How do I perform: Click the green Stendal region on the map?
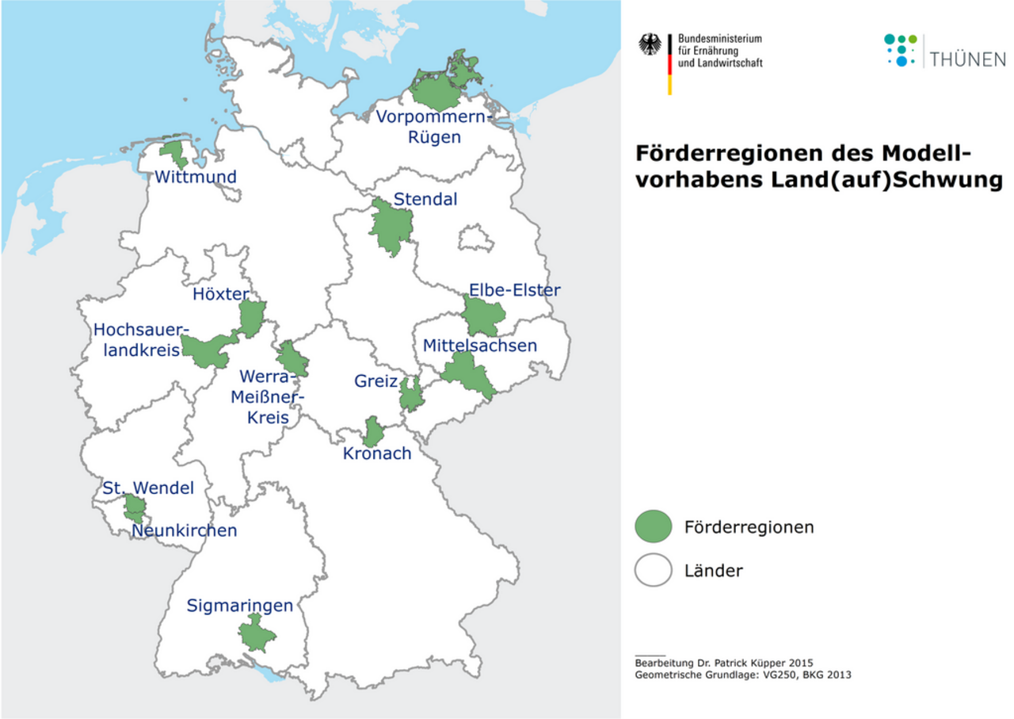tap(389, 226)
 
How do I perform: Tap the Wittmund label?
tap(196, 177)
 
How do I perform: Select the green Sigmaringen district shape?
tap(257, 635)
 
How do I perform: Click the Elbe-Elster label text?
tap(514, 290)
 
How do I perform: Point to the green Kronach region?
tap(372, 433)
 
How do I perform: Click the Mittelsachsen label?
tap(479, 346)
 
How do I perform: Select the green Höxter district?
tap(252, 318)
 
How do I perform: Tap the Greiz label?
tap(375, 381)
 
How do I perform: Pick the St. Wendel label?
tap(147, 488)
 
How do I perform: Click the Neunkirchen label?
tap(184, 530)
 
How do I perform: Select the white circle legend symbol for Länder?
tap(653, 570)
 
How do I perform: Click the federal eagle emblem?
tap(650, 45)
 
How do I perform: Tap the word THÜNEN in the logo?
tap(968, 59)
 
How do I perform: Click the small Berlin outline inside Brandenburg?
tap(475, 238)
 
